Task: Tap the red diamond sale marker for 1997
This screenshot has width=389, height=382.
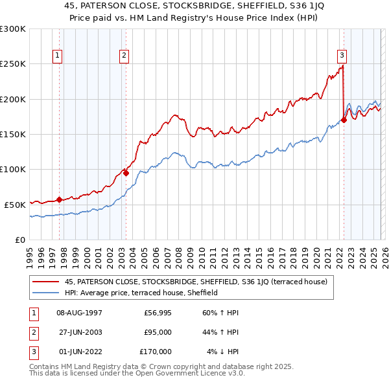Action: click(59, 199)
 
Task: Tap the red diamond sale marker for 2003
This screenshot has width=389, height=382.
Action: click(126, 173)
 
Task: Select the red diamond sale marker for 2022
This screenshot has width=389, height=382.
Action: click(344, 120)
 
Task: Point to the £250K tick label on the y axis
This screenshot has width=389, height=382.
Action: click(13, 64)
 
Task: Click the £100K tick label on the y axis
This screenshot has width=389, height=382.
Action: click(13, 169)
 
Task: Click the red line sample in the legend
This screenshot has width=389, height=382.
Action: click(47, 282)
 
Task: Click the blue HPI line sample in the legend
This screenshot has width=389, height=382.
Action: click(47, 293)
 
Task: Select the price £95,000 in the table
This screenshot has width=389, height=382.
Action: click(158, 332)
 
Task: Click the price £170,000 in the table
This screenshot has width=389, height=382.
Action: click(156, 352)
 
